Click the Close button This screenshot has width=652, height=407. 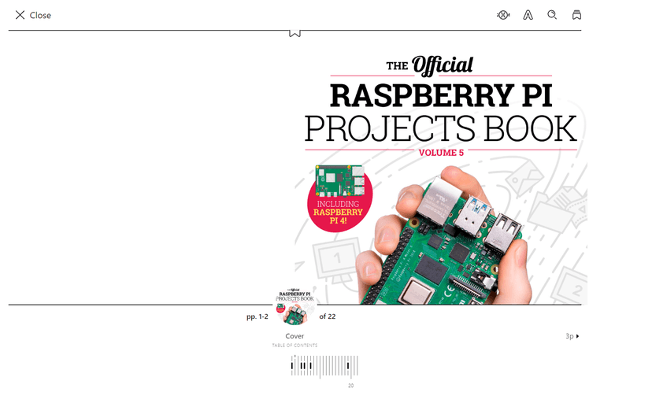32,15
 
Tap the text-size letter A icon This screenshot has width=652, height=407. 528,15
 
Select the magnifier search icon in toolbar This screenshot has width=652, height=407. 552,15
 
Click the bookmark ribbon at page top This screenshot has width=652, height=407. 295,33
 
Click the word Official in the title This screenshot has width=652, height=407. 443,65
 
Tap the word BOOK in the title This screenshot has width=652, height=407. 531,128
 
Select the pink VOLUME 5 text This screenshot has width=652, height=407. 441,153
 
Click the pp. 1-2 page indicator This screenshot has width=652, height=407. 257,316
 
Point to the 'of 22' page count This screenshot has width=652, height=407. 327,316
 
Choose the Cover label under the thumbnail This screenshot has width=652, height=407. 295,336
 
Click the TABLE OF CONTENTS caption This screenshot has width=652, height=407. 295,346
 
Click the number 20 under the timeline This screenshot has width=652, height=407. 350,386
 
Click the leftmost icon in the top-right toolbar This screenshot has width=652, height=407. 503,15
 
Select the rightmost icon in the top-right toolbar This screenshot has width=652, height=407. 576,15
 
